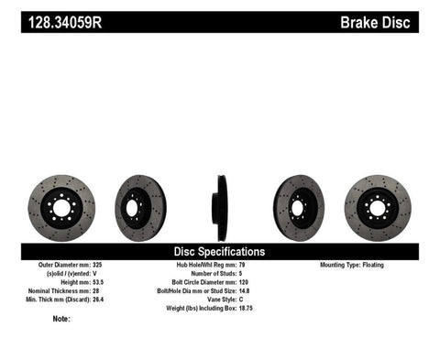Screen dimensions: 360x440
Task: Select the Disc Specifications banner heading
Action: [220, 251]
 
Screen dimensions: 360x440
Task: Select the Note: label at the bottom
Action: [61, 319]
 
